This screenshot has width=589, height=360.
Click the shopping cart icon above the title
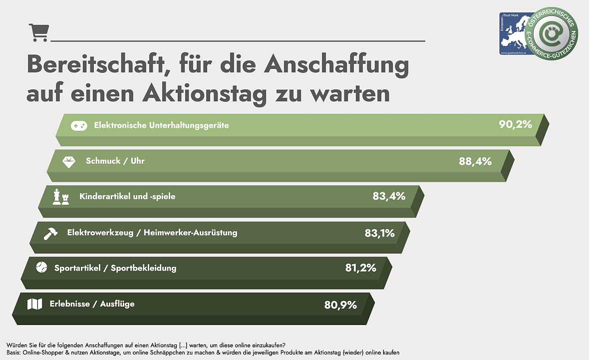click(x=38, y=33)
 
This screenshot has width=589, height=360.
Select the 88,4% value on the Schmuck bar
click(x=475, y=161)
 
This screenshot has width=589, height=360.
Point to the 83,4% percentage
click(x=389, y=196)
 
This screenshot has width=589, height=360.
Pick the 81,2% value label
click(x=360, y=268)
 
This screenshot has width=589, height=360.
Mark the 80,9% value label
click(x=340, y=305)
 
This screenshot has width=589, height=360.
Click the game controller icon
click(x=78, y=126)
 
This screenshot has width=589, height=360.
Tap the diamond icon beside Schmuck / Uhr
click(x=68, y=162)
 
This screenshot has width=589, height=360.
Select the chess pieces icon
click(x=61, y=197)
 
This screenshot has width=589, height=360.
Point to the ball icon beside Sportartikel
click(x=41, y=268)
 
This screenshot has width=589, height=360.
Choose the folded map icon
click(x=34, y=304)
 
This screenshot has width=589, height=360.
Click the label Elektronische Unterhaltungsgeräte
click(x=161, y=125)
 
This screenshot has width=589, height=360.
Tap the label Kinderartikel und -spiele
click(x=127, y=197)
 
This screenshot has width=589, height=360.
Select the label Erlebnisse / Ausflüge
click(x=92, y=304)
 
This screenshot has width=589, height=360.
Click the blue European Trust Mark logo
click(x=514, y=33)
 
